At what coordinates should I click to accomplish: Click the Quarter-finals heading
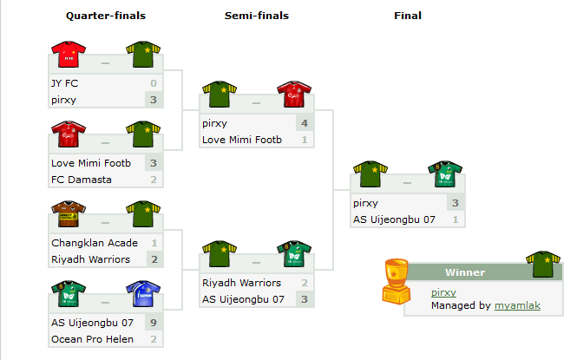(106, 16)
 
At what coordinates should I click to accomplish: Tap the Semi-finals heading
(257, 16)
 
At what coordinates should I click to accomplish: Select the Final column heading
(408, 16)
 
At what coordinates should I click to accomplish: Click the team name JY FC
(65, 83)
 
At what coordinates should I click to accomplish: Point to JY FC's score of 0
(154, 83)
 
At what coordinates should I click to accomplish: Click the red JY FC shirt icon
(69, 55)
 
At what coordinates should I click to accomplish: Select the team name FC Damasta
(82, 180)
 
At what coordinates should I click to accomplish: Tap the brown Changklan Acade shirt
(69, 214)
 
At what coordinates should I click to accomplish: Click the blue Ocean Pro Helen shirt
(143, 294)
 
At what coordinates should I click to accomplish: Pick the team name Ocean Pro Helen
(92, 339)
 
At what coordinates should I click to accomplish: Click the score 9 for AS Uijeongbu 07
(154, 323)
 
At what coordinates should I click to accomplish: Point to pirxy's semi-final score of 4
(305, 123)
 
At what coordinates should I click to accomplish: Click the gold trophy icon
(396, 281)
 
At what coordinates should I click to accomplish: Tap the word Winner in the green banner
(465, 272)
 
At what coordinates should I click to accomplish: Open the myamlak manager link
(518, 305)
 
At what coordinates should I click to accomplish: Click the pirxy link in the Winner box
(443, 292)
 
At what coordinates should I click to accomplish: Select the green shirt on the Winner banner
(543, 265)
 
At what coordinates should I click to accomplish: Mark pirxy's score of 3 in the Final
(455, 203)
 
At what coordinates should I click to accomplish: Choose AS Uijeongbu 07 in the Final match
(394, 219)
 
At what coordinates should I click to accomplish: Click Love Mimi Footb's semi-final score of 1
(305, 140)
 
